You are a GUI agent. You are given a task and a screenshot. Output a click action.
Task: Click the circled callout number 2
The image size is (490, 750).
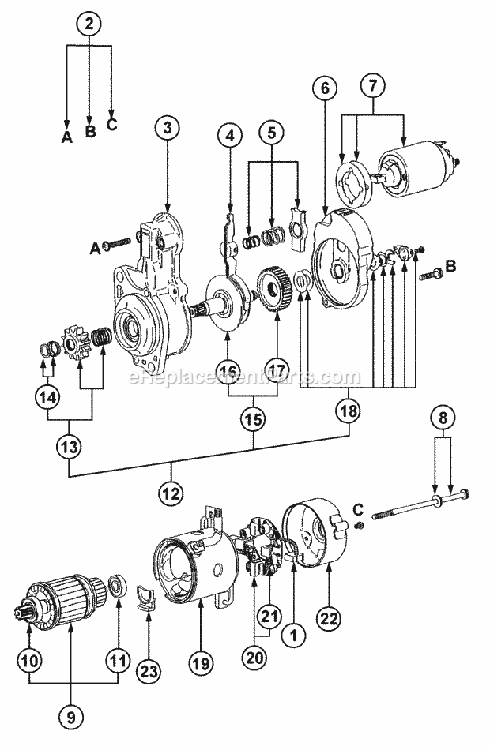[x=89, y=24]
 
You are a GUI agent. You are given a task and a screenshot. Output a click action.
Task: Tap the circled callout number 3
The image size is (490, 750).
[x=167, y=126]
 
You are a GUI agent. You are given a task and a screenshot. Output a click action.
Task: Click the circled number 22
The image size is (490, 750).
[x=326, y=616]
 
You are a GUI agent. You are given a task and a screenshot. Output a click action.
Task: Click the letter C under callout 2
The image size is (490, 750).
[x=112, y=125]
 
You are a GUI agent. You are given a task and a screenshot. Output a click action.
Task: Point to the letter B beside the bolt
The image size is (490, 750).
[x=451, y=267]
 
